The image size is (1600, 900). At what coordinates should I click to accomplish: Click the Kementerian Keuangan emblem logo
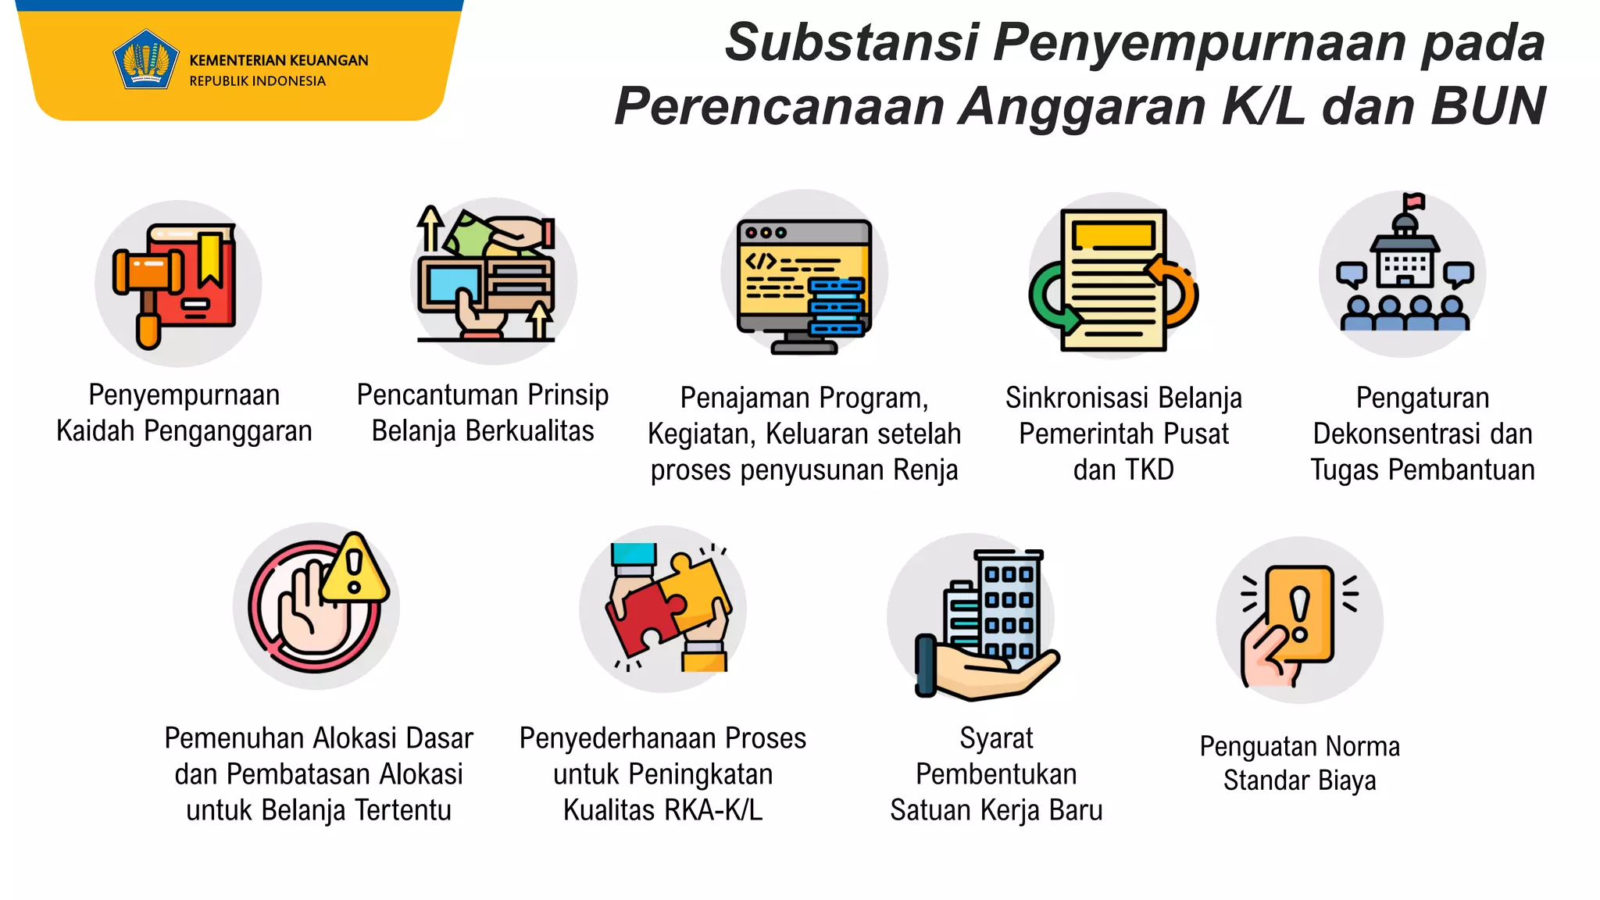pos(145,60)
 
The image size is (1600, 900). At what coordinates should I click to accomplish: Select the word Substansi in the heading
pos(852,42)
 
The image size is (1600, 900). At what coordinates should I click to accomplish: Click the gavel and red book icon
pos(178,284)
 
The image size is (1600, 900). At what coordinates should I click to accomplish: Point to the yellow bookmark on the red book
pos(209,258)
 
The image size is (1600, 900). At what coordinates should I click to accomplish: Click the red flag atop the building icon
pos(1413,202)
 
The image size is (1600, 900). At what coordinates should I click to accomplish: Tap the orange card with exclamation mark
pos(1300,614)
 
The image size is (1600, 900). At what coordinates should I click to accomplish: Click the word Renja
pos(926,470)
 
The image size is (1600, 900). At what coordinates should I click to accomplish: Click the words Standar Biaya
pos(1299,780)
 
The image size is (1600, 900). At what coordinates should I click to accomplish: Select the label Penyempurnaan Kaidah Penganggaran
pos(184,413)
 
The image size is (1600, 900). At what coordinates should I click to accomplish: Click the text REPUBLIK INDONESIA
pos(257,81)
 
